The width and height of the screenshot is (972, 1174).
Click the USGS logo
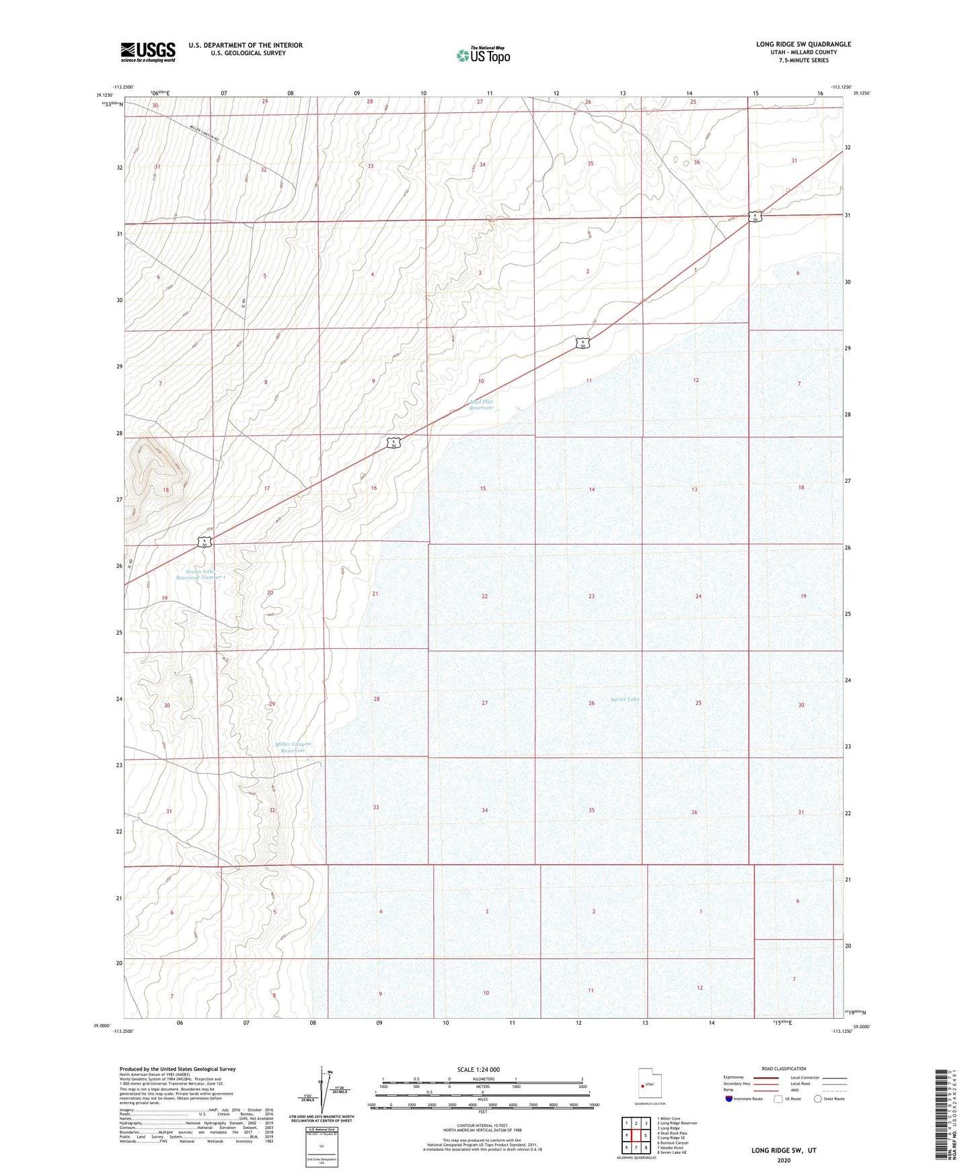coord(148,52)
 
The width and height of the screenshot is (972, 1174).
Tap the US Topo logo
coord(483,55)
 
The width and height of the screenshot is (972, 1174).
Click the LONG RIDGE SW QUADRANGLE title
coord(803,44)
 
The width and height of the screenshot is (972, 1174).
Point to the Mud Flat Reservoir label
coord(481,405)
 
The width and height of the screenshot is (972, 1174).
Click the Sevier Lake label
coord(625,699)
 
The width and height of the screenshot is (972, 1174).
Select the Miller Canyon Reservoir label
coord(293,747)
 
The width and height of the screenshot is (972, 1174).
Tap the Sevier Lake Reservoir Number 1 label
coord(200,574)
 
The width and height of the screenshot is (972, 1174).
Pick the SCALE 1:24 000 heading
coord(478,1070)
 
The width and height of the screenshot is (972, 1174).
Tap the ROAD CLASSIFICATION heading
coord(784,1068)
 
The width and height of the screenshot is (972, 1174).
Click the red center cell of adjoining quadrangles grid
coord(636,1136)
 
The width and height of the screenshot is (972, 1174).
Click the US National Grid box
coord(321,1146)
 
